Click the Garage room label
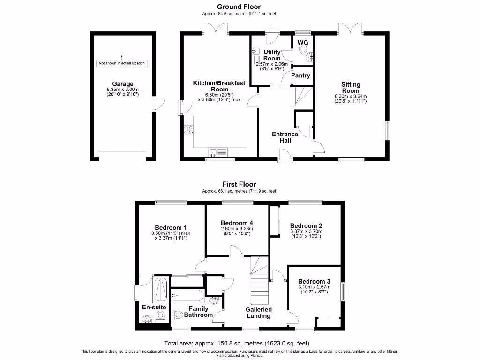(x=122, y=84)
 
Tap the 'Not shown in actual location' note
(x=121, y=63)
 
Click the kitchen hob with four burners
(x=189, y=129)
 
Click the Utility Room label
(x=272, y=55)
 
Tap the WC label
(x=302, y=43)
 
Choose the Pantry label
(x=301, y=75)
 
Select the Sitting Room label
(x=351, y=88)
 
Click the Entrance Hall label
(x=285, y=137)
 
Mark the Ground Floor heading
(x=239, y=7)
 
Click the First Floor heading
(x=240, y=184)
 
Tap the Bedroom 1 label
(x=170, y=228)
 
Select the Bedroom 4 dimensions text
(x=237, y=231)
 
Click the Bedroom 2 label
(x=306, y=225)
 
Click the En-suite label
(x=153, y=307)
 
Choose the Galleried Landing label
(x=259, y=313)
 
